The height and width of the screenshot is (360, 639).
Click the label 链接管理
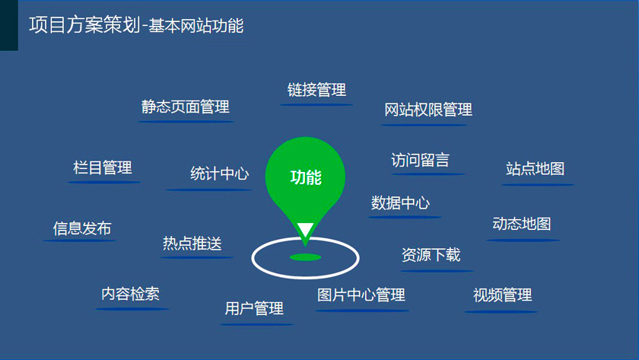(x=316, y=90)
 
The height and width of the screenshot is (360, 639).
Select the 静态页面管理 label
(x=186, y=107)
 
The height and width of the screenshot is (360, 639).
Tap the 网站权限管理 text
(x=428, y=110)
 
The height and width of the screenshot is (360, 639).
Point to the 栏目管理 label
(x=103, y=167)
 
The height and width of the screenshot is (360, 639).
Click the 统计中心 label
(x=220, y=174)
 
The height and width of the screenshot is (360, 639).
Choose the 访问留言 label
(x=420, y=160)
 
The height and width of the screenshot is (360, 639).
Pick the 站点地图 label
(x=535, y=169)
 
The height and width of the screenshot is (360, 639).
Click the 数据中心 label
(x=400, y=202)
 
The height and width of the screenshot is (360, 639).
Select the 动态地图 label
(x=522, y=224)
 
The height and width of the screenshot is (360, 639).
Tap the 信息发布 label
(x=82, y=228)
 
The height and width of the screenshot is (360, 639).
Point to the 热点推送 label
(x=192, y=244)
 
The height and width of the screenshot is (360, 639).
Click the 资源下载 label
(x=431, y=255)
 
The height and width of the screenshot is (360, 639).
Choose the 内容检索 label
(x=130, y=294)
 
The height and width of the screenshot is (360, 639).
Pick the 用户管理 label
(x=254, y=309)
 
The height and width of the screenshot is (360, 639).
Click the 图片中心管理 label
(x=361, y=295)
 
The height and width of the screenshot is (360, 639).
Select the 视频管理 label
(x=503, y=295)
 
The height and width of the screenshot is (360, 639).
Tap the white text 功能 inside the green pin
(x=306, y=177)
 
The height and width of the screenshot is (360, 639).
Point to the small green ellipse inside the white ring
(x=306, y=257)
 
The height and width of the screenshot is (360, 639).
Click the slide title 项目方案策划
(x=84, y=25)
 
